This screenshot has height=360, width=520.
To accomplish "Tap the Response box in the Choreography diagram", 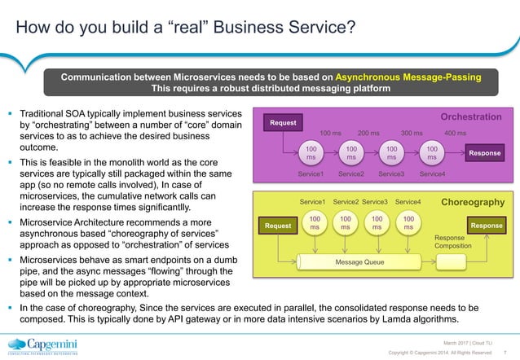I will (487, 225).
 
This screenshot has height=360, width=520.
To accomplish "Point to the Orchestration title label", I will (471, 117).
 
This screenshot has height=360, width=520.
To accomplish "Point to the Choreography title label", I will (472, 201).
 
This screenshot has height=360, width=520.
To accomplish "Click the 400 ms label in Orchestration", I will (455, 133).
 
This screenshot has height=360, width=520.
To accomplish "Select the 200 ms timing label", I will (369, 133).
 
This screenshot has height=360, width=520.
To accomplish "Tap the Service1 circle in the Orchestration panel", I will (310, 154).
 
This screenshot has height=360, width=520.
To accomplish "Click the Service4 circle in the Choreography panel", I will (408, 224).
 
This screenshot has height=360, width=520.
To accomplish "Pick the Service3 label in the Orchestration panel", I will (391, 174).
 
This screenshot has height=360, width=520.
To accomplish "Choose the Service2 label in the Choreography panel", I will (346, 202).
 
